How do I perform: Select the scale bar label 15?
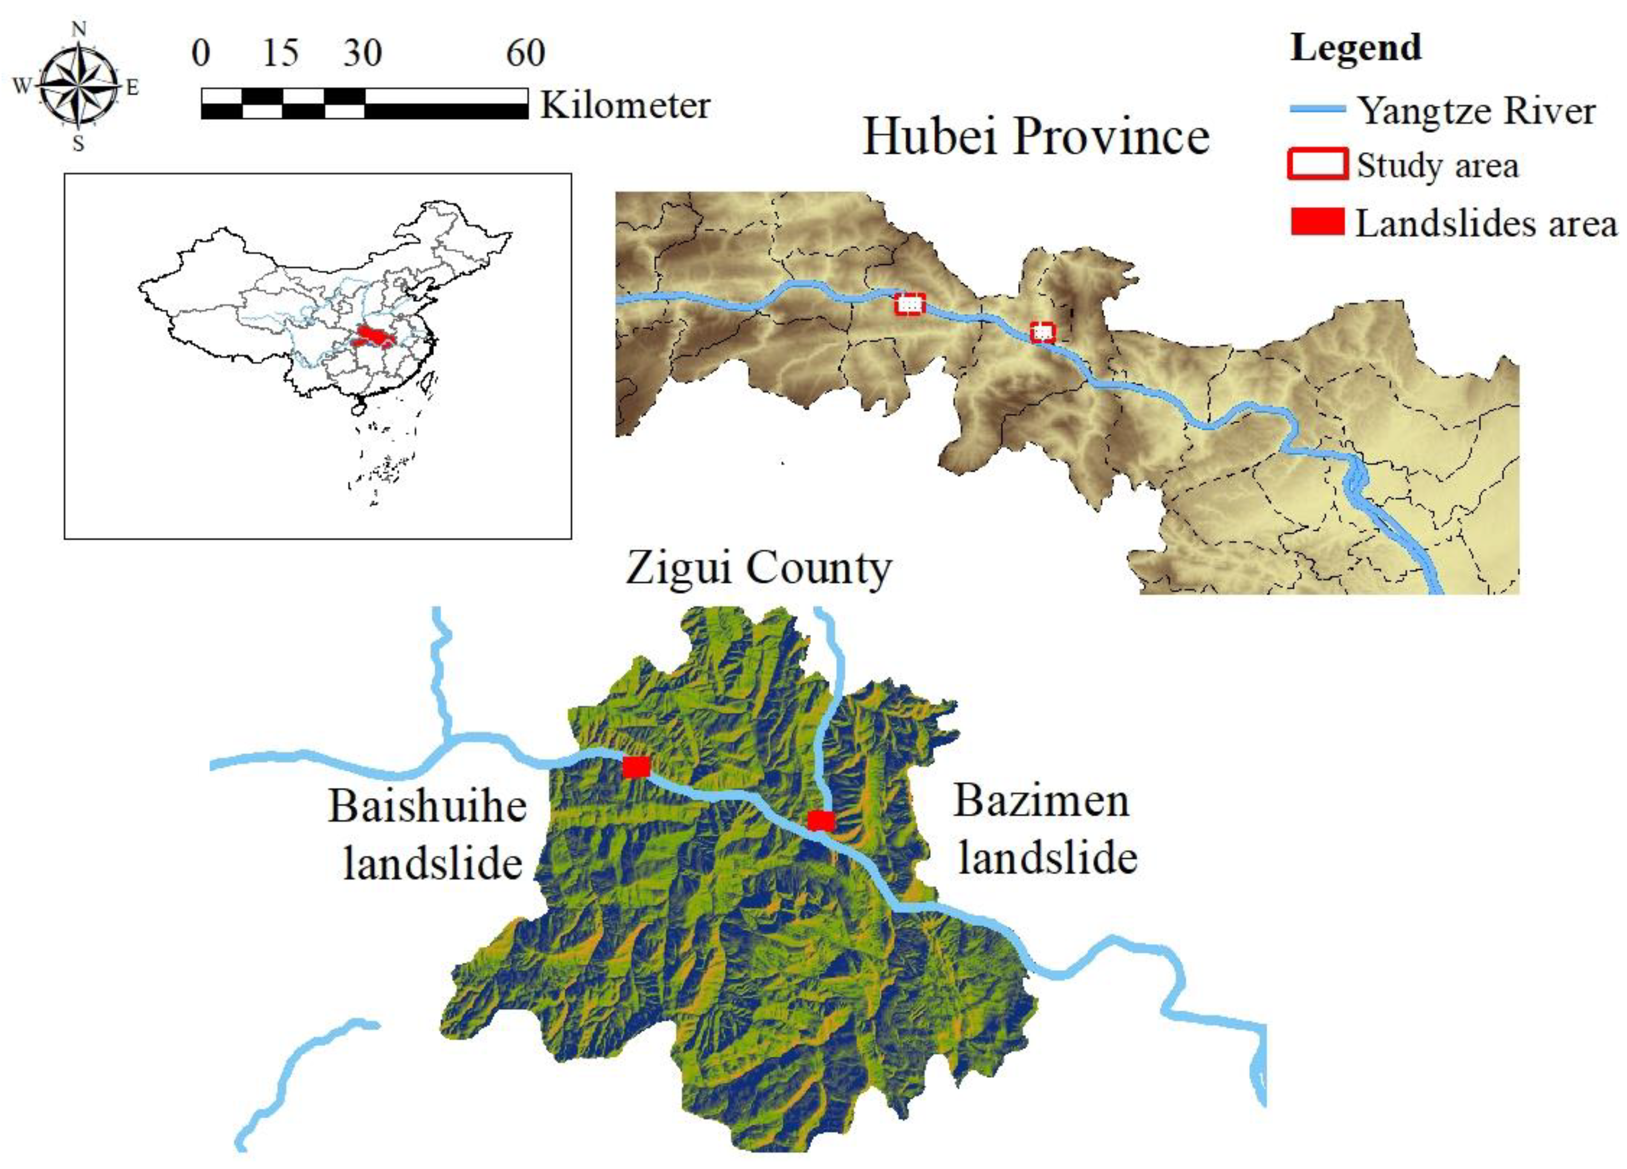pyautogui.click(x=280, y=53)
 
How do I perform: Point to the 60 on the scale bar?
pyautogui.click(x=526, y=53)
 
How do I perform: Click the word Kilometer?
pyautogui.click(x=625, y=106)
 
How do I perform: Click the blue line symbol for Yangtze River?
pyautogui.click(x=1317, y=110)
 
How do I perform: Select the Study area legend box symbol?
pyautogui.click(x=1317, y=164)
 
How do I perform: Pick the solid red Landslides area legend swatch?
pyautogui.click(x=1317, y=222)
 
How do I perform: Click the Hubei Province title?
pyautogui.click(x=1036, y=136)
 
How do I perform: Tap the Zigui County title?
pyautogui.click(x=758, y=569)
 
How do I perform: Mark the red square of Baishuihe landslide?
pyautogui.click(x=635, y=766)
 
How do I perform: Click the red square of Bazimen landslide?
pyautogui.click(x=821, y=820)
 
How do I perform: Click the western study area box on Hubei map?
pyautogui.click(x=909, y=304)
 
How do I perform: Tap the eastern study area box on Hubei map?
pyautogui.click(x=1043, y=332)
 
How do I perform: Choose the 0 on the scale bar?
pyautogui.click(x=201, y=53)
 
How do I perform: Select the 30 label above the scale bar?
pyautogui.click(x=362, y=53)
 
